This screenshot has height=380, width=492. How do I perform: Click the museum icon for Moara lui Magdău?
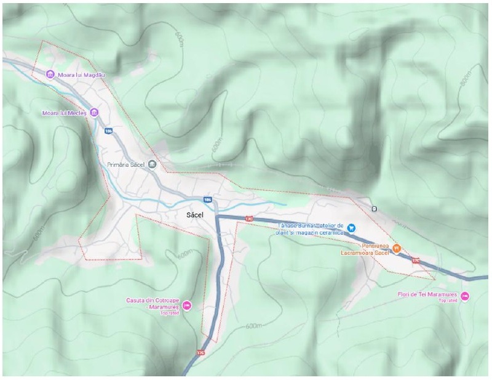tap(50, 75)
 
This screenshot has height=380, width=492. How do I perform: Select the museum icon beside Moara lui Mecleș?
tap(93, 112)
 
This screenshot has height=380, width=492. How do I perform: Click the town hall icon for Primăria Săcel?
tap(153, 164)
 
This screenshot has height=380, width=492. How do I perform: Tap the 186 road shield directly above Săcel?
tap(208, 200)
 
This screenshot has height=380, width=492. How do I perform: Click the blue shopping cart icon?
tap(351, 227)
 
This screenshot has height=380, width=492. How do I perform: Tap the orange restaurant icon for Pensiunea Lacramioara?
tap(397, 248)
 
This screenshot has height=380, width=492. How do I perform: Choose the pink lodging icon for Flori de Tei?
tap(466, 296)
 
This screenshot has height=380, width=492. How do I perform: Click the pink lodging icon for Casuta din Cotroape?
tap(187, 305)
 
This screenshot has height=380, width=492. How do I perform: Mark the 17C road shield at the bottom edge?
tap(200, 352)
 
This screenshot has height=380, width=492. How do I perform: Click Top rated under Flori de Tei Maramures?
tap(447, 301)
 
